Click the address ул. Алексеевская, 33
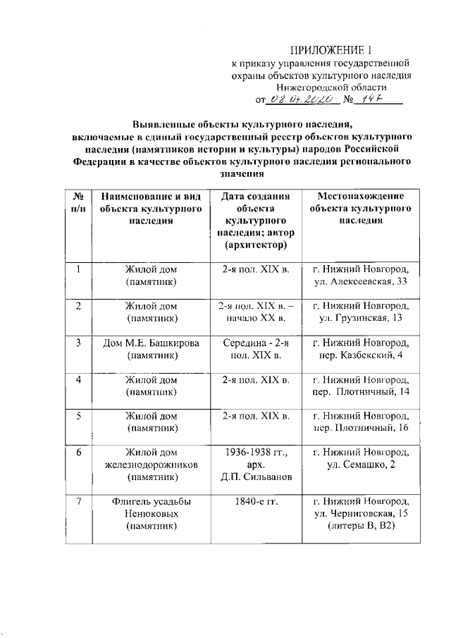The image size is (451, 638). pyautogui.click(x=359, y=282)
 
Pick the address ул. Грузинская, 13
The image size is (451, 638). pyautogui.click(x=359, y=319)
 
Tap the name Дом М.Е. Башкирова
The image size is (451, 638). pyautogui.click(x=150, y=343)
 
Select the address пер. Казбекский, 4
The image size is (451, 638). pyautogui.click(x=359, y=356)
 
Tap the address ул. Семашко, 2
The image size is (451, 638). pyautogui.click(x=359, y=465)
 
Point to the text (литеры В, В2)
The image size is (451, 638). pyautogui.click(x=359, y=526)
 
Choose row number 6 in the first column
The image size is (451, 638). pyautogui.click(x=80, y=453)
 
